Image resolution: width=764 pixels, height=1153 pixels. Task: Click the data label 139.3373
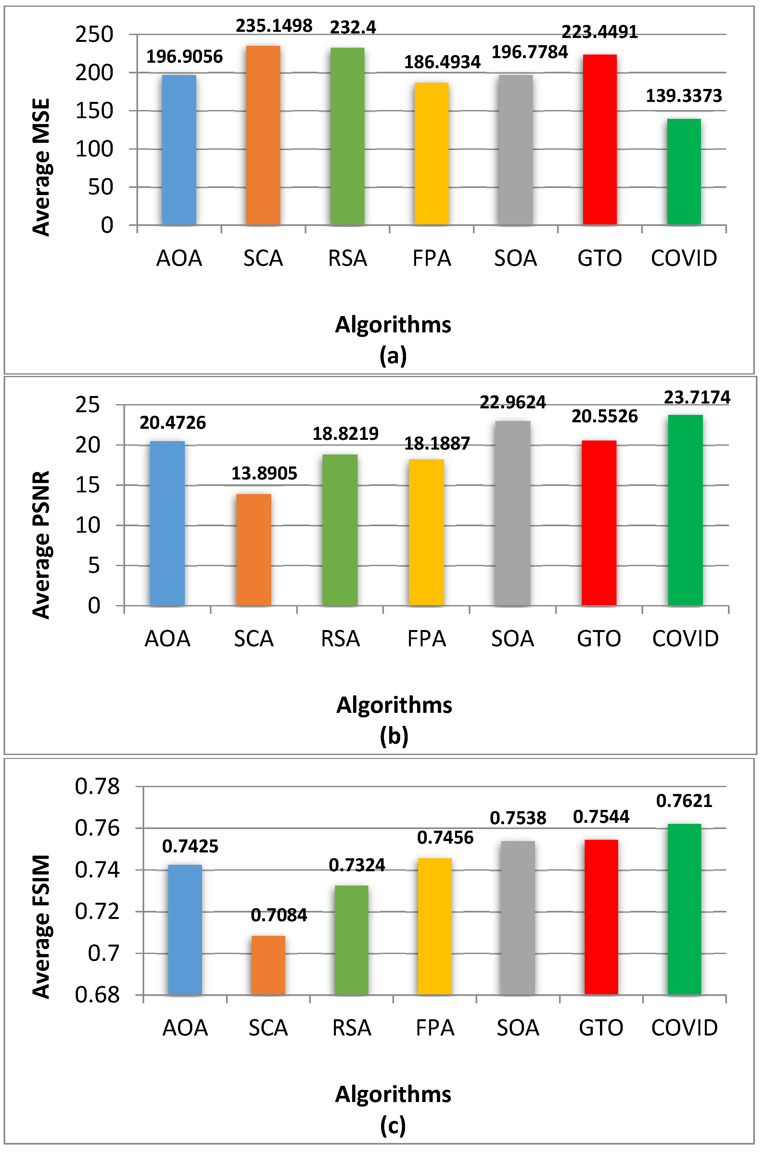[x=683, y=96]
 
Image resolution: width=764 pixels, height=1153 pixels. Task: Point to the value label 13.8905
[x=264, y=473]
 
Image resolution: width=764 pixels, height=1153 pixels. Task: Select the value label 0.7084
[x=279, y=915]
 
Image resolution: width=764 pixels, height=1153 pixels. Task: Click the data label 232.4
[x=353, y=27]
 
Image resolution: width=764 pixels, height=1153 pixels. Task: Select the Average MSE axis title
[x=42, y=167]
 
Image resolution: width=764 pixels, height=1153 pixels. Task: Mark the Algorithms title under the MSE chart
[x=393, y=324]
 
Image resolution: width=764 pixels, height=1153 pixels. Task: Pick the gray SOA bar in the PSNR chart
[x=513, y=513]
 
